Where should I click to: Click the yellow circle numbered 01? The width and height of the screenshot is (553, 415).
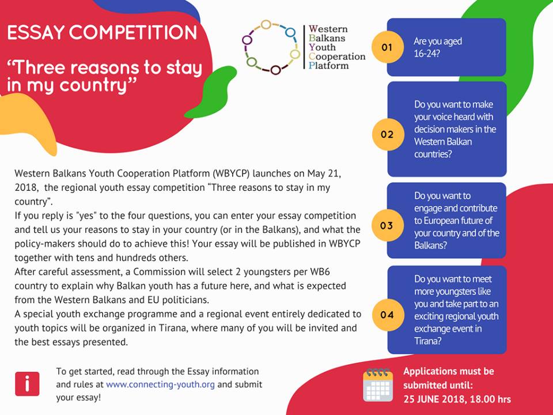tap(387, 47)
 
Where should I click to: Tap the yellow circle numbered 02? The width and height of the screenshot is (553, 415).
tap(387, 134)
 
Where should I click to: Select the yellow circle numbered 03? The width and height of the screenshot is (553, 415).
tap(387, 225)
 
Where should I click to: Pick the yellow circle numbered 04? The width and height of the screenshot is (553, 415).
tap(387, 315)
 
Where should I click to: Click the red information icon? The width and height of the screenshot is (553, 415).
tap(27, 384)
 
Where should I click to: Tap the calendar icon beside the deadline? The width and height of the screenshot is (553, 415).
tap(378, 385)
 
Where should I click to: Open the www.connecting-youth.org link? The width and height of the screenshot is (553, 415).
tap(160, 384)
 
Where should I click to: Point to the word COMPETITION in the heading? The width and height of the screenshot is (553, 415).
tap(133, 32)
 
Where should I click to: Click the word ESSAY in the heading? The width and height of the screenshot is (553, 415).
tap(36, 32)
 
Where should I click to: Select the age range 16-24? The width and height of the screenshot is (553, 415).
tap(427, 54)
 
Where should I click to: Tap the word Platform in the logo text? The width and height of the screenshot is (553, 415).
tap(329, 66)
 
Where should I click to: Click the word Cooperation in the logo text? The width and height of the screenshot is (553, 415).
tap(337, 56)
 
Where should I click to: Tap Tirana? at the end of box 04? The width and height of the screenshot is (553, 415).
tap(427, 341)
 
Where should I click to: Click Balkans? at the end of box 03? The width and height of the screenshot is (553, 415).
tap(430, 246)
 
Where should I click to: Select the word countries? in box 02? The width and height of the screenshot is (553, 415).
tap(433, 154)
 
